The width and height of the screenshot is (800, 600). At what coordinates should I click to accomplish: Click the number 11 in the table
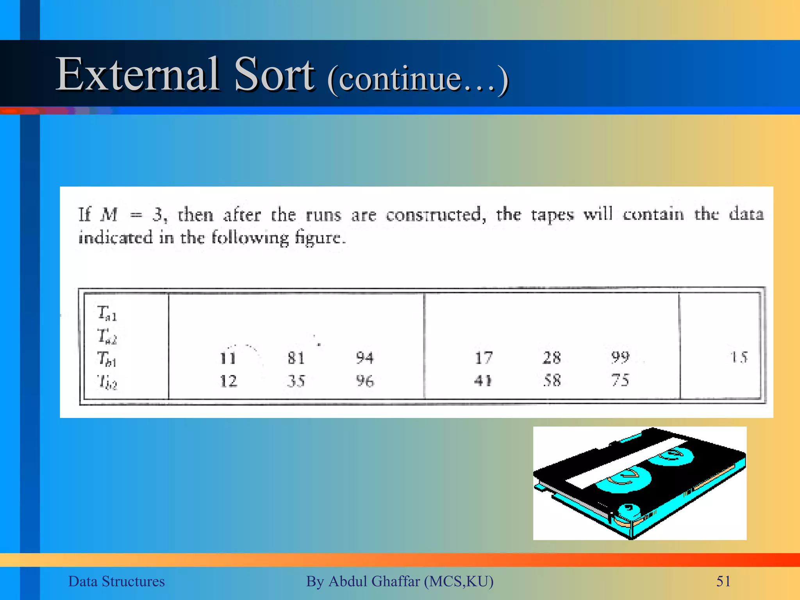(228, 358)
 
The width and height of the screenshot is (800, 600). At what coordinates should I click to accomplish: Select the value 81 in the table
(296, 358)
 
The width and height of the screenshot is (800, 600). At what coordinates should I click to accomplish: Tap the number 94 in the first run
(364, 358)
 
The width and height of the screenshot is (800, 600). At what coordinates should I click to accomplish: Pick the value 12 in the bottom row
(228, 381)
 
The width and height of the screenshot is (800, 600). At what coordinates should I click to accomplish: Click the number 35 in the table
(296, 381)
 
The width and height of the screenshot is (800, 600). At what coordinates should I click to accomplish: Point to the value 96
(364, 381)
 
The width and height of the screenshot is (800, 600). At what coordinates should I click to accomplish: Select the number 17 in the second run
(484, 358)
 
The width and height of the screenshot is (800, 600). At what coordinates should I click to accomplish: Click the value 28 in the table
(552, 358)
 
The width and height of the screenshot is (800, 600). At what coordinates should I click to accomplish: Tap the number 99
(620, 357)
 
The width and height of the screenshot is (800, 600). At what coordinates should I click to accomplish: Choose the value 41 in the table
(483, 380)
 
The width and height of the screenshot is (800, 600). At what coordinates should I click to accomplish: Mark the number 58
(552, 380)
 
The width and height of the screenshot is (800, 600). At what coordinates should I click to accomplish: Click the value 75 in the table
(620, 380)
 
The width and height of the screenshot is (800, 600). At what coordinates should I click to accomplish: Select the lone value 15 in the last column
(739, 357)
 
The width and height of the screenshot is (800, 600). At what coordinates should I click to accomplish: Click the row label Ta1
(107, 313)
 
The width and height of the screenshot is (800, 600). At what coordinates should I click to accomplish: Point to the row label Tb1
(107, 359)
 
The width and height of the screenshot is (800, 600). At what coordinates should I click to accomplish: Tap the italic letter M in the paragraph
(109, 214)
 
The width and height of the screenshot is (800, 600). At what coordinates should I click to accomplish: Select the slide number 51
(723, 581)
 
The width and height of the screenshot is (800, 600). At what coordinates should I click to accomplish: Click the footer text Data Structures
(116, 581)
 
